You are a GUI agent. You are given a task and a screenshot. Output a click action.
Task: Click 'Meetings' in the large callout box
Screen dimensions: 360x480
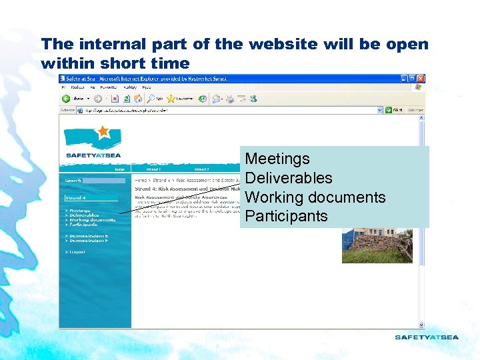pos(277,159)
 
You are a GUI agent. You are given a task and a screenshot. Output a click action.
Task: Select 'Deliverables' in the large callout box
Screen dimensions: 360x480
pos(288,178)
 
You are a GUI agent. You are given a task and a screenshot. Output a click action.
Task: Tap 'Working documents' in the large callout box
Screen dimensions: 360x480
pos(315,197)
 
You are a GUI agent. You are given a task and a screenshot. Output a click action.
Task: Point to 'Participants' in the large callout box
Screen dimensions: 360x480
pos(286,216)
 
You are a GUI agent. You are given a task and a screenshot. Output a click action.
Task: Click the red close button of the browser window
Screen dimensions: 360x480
pos(420,79)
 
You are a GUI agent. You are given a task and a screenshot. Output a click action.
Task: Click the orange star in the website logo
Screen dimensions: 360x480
pos(103,131)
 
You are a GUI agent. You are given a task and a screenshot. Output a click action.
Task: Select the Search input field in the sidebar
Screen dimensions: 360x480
pos(104,180)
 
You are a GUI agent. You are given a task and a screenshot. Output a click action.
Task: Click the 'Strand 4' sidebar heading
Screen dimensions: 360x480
pos(75,198)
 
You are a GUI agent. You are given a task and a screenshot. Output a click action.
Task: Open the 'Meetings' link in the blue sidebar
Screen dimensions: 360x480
pos(79,211)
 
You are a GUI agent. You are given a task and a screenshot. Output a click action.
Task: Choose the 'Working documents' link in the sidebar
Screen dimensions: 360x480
pos(92,220)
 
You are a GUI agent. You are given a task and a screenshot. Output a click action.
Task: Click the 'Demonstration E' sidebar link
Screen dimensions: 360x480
pos(88,236)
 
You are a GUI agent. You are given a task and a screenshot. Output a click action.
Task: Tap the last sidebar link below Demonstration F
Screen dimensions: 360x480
pos(77,252)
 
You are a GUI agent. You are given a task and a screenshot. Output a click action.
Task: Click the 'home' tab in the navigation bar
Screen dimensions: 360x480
pos(119,169)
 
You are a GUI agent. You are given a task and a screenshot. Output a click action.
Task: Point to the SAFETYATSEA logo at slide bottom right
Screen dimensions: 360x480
pos(427,337)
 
